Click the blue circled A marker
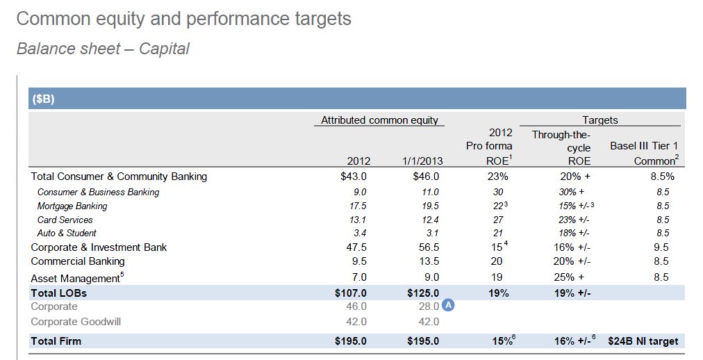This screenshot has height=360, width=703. pyautogui.click(x=449, y=306)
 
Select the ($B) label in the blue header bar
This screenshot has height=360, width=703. pyautogui.click(x=43, y=99)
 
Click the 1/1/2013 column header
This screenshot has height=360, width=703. pyautogui.click(x=422, y=161)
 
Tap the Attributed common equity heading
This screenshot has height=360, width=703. pyautogui.click(x=379, y=120)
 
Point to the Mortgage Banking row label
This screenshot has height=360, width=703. pyautogui.click(x=72, y=206)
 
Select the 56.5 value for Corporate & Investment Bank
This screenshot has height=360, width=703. pyautogui.click(x=427, y=247)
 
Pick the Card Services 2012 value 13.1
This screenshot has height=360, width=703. pyautogui.click(x=357, y=220)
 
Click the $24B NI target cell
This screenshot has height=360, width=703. pyautogui.click(x=643, y=341)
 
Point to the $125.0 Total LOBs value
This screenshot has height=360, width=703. pyautogui.click(x=423, y=293)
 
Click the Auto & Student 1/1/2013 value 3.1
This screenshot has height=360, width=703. pyautogui.click(x=431, y=233)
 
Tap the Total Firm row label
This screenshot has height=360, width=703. pyautogui.click(x=56, y=341)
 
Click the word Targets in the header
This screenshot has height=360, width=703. pyautogui.click(x=600, y=120)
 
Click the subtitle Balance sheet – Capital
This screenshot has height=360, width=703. pyautogui.click(x=103, y=49)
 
